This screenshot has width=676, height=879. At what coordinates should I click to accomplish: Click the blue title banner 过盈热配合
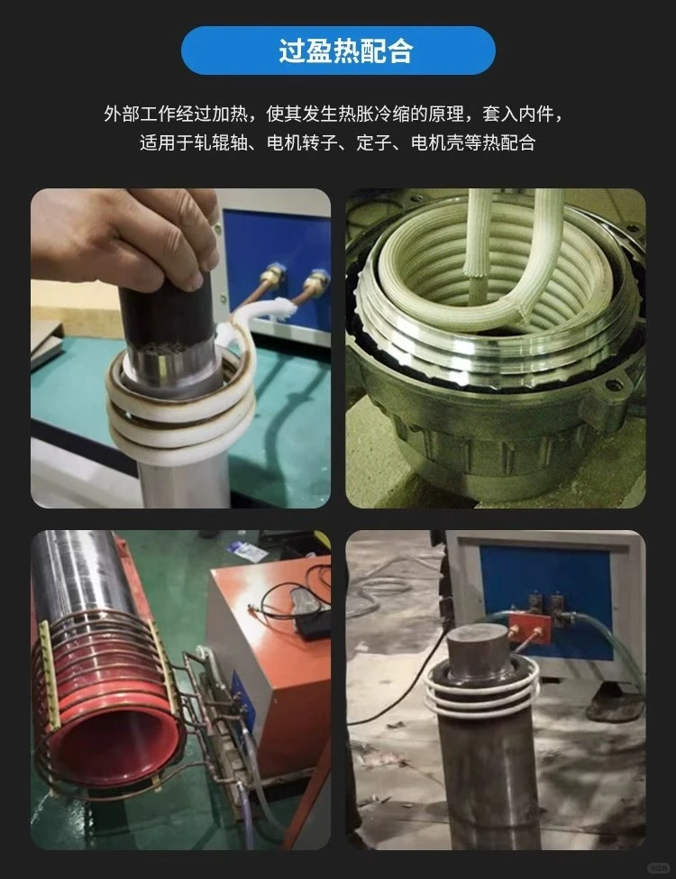[338, 50]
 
